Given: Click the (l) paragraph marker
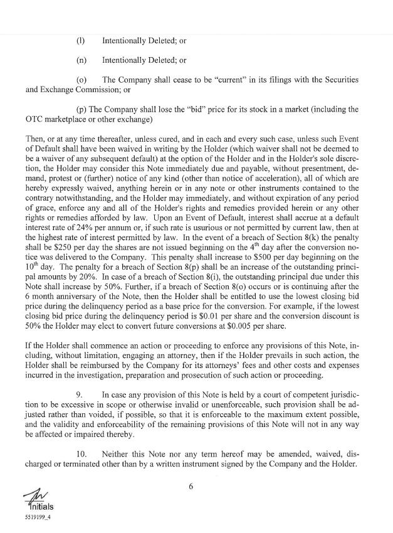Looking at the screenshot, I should (x=80, y=41).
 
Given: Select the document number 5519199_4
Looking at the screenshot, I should (x=22, y=519).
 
